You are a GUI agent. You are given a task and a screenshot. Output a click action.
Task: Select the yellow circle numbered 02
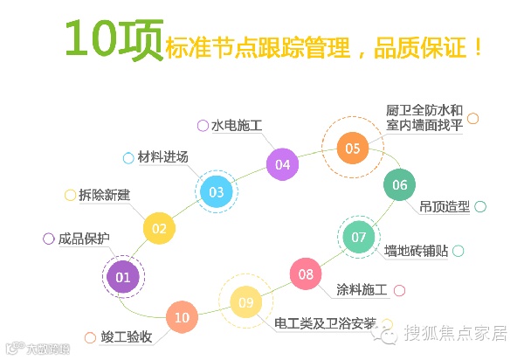pyautogui.click(x=159, y=229)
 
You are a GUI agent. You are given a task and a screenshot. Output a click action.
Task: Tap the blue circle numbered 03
pyautogui.click(x=217, y=191)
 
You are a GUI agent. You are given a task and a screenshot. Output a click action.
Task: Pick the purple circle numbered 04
pyautogui.click(x=282, y=163)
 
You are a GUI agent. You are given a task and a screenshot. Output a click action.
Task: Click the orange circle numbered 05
pyautogui.click(x=352, y=148)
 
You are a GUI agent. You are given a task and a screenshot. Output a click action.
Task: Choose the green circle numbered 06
pyautogui.click(x=400, y=184)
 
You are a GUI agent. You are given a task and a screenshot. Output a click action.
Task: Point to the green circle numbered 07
pyautogui.click(x=359, y=237)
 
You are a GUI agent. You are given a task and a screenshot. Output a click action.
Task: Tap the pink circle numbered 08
pyautogui.click(x=306, y=274)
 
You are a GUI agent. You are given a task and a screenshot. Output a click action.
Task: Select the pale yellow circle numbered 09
pyautogui.click(x=246, y=302)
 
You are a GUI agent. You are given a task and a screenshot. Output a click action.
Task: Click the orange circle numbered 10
pyautogui.click(x=182, y=317)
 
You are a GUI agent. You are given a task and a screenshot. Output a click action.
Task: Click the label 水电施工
pyautogui.click(x=238, y=125)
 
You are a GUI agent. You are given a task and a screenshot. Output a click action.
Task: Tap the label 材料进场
pyautogui.click(x=163, y=157)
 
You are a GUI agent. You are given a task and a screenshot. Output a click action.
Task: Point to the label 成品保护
pyautogui.click(x=84, y=239)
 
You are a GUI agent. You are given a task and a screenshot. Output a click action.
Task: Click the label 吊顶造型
pyautogui.click(x=445, y=207)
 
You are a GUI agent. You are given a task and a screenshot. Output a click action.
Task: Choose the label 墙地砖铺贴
pyautogui.click(x=417, y=251)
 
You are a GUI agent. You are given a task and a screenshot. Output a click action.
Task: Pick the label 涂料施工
pyautogui.click(x=361, y=290)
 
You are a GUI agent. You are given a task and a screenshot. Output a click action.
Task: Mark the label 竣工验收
pyautogui.click(x=127, y=336)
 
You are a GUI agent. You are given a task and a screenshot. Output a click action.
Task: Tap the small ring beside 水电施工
pyautogui.click(x=203, y=125)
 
